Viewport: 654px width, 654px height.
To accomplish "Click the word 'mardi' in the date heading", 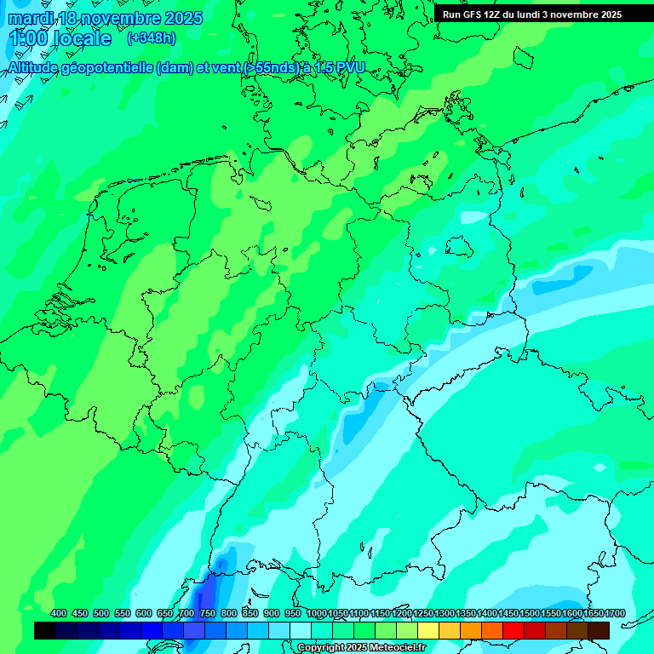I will [x=31, y=18].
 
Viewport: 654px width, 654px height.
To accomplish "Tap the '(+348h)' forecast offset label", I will [x=151, y=38].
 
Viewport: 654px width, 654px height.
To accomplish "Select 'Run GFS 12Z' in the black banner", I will [x=471, y=14].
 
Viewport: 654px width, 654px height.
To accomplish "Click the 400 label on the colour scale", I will [x=59, y=613].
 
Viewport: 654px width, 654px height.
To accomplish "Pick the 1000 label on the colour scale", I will [x=317, y=613].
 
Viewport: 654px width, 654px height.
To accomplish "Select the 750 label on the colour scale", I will [x=208, y=613].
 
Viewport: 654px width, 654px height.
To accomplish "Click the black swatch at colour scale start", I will [x=45, y=630].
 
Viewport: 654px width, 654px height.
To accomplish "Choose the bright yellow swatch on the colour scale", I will [x=428, y=630].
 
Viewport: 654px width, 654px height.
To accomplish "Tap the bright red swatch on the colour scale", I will [x=513, y=630].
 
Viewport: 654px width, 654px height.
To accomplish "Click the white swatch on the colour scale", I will [x=301, y=630].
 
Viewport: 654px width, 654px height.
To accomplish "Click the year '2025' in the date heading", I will [x=182, y=18].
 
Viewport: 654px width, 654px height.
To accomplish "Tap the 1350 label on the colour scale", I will [x=466, y=613].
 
